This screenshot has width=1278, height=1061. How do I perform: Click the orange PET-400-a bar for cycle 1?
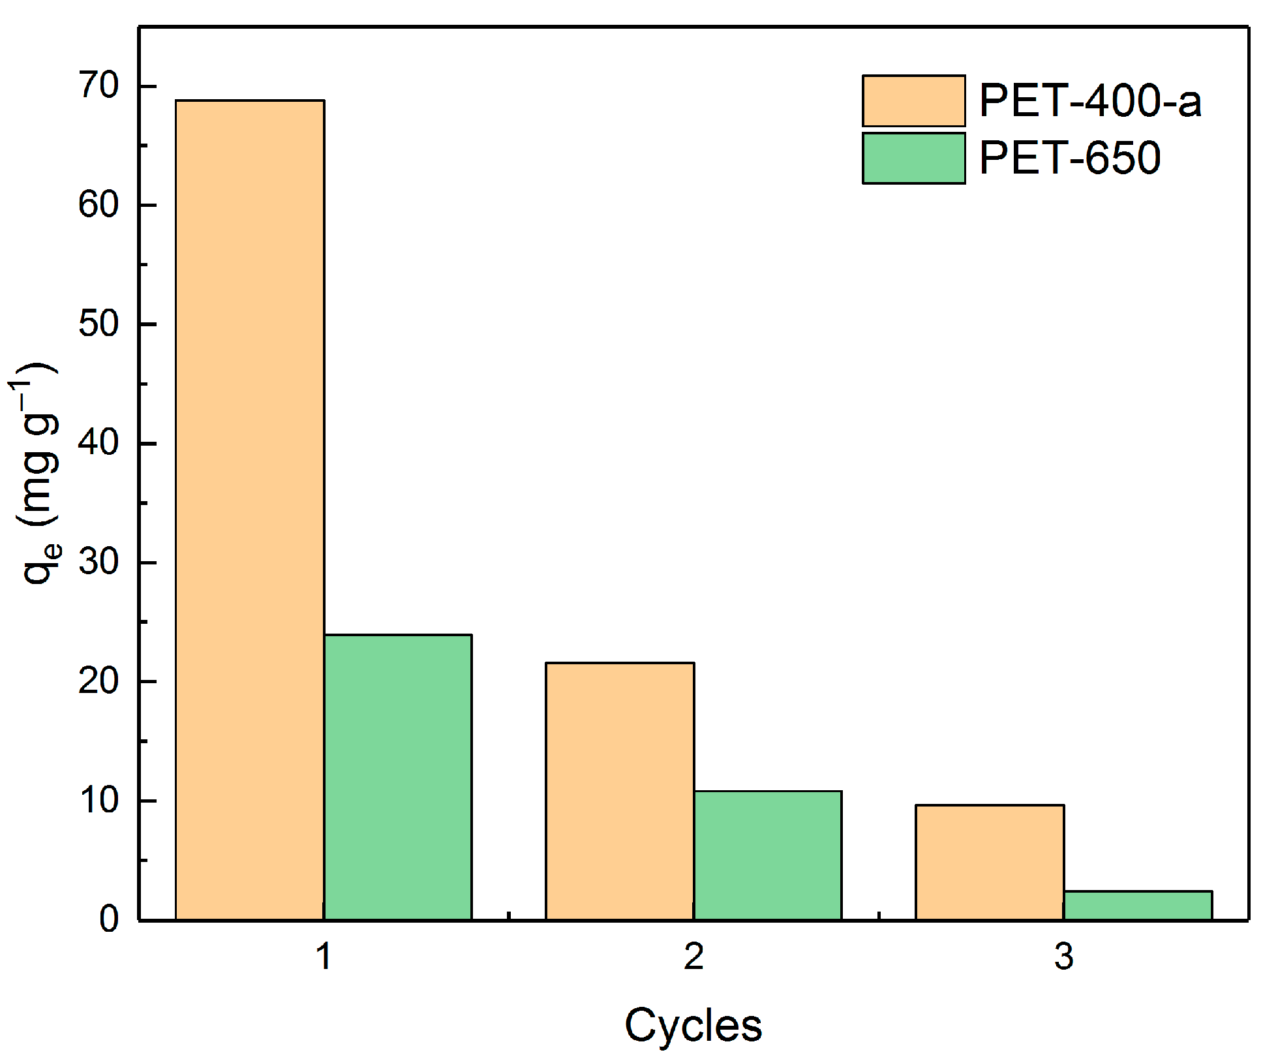(x=250, y=509)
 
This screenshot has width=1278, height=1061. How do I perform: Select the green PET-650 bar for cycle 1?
(x=398, y=777)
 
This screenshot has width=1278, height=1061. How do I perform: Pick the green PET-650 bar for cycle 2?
(x=768, y=855)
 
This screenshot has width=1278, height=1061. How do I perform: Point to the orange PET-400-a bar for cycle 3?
(x=990, y=862)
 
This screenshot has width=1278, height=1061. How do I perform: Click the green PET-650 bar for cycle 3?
(x=1138, y=905)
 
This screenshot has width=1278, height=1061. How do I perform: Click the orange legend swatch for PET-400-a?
(x=913, y=101)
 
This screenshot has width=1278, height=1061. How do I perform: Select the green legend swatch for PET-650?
(x=913, y=159)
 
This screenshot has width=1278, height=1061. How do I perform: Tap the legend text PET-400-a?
(x=1090, y=101)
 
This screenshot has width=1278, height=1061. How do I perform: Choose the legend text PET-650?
(x=1070, y=159)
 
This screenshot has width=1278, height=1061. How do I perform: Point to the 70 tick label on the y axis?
(x=99, y=85)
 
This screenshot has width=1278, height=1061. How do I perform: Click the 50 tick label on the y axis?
(x=99, y=324)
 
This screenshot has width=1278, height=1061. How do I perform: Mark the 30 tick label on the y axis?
(x=99, y=562)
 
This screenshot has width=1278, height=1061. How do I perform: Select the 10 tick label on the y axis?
(x=99, y=801)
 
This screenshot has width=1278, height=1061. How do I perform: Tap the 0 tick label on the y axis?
(x=110, y=919)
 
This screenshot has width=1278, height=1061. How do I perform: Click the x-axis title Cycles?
(x=693, y=1026)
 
